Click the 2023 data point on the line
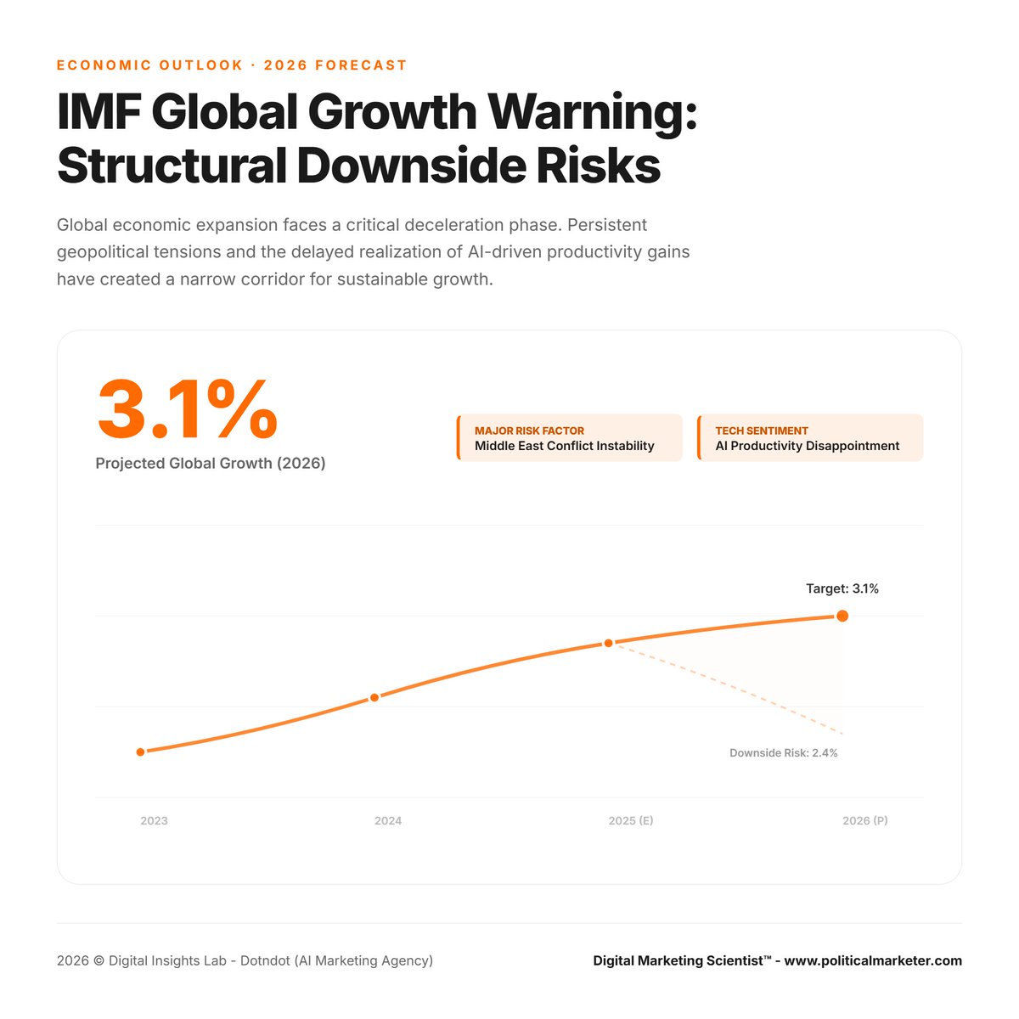point(141,752)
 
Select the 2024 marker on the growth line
point(374,697)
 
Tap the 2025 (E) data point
point(608,644)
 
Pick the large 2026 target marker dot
point(842,616)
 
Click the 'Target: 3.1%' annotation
point(842,588)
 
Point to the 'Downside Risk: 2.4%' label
point(783,753)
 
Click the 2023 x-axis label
point(154,820)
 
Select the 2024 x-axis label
point(388,820)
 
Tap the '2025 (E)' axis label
point(631,820)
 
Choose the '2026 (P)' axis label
point(864,820)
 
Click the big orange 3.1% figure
point(188,410)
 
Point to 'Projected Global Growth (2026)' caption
point(211,464)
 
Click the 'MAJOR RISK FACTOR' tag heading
point(529,431)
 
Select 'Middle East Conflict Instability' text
point(564,446)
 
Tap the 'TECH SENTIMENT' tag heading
point(761,431)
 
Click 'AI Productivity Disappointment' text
point(807,446)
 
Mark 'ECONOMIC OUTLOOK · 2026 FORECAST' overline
point(232,65)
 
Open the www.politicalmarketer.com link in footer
point(873,960)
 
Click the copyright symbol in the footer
point(99,961)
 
